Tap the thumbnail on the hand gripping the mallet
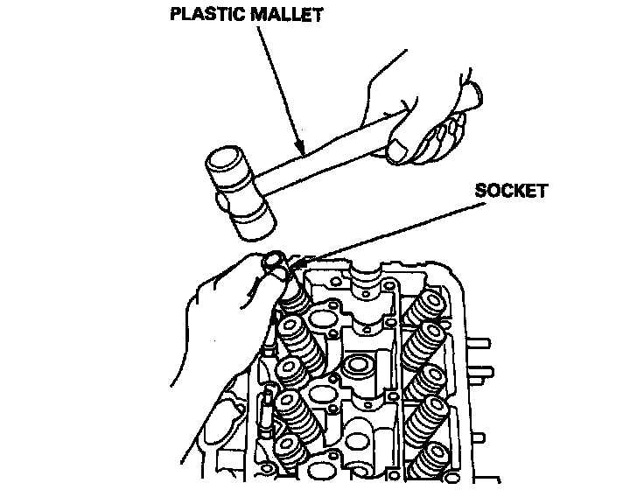tap(399, 152)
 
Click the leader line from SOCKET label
tap(394, 229)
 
